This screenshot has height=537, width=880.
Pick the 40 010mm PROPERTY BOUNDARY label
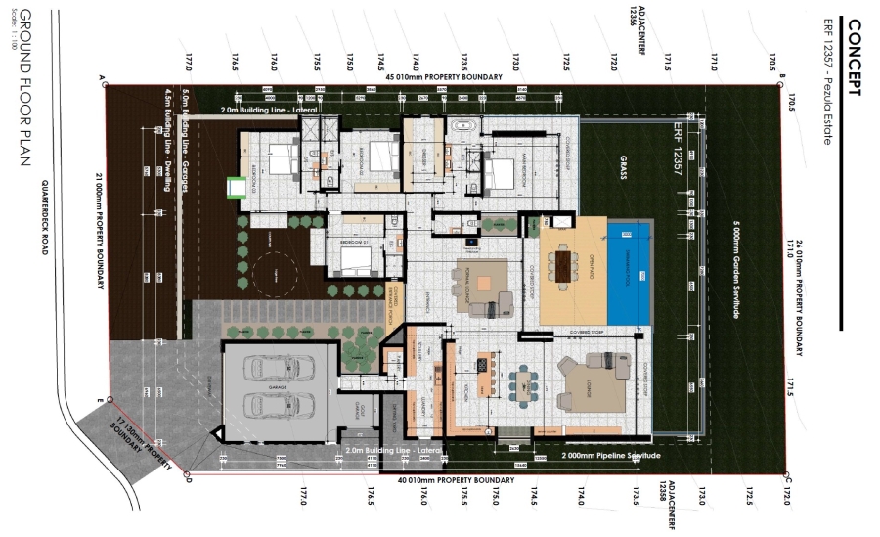click(x=456, y=481)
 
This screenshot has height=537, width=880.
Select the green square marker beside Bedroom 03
click(x=235, y=185)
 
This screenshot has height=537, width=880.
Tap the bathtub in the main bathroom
click(x=462, y=125)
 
